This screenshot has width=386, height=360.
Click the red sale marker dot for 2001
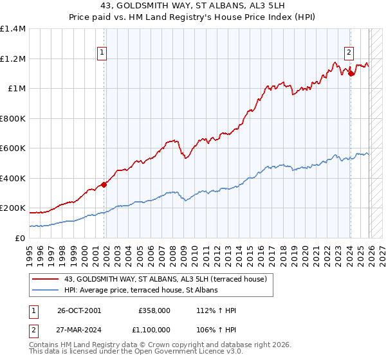pos(104,185)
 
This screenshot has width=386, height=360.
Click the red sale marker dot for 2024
pos(351,74)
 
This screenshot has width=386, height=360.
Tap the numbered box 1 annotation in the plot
pos(102,53)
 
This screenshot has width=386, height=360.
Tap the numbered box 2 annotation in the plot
pos(349,53)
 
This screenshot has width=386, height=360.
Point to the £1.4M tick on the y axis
pos(13,29)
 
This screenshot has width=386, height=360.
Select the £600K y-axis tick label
pos(13,148)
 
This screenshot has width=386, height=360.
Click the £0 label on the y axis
pos(19,238)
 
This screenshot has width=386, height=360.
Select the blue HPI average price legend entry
pos(141,290)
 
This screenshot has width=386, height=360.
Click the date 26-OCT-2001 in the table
pos(79,310)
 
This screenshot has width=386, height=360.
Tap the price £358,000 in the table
pos(154,310)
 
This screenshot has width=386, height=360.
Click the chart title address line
pos(192,6)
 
